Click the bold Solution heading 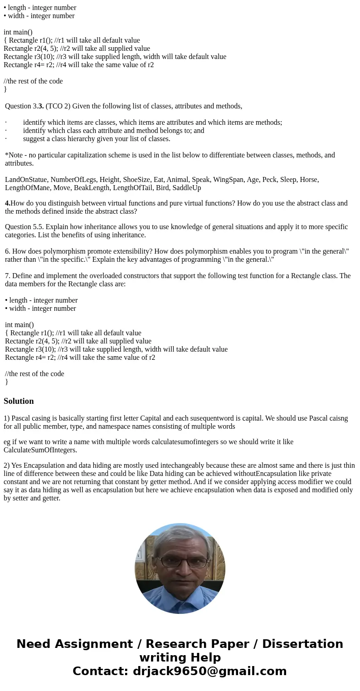[19, 401]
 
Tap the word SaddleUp [186, 187]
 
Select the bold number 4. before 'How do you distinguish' [8, 203]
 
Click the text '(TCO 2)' [58, 106]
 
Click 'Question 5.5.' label [24, 226]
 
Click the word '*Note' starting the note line [13, 155]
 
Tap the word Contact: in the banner [100, 671]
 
